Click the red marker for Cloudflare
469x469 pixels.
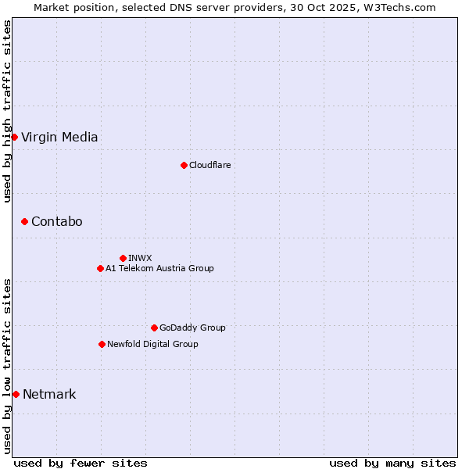(x=184, y=165)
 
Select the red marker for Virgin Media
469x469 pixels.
(x=14, y=138)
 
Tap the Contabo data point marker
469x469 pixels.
(x=24, y=222)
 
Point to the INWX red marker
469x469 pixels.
(x=123, y=258)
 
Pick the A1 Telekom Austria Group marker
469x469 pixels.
(x=100, y=269)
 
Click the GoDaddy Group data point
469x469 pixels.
(x=154, y=328)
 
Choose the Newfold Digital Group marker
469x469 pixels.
(x=102, y=344)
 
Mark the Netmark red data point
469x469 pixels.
(x=16, y=395)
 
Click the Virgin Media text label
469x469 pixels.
(x=59, y=138)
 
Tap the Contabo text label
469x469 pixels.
(x=56, y=222)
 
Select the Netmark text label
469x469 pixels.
(x=49, y=395)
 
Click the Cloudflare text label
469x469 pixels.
(x=209, y=165)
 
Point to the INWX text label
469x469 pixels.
(x=140, y=258)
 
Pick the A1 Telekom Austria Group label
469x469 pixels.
(x=159, y=269)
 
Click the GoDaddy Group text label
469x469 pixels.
(x=192, y=328)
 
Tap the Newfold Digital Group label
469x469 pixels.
(x=152, y=344)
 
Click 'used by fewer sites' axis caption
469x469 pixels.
(x=81, y=463)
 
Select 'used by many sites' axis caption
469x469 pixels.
(x=392, y=463)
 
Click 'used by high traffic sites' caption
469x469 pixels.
(x=8, y=111)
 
